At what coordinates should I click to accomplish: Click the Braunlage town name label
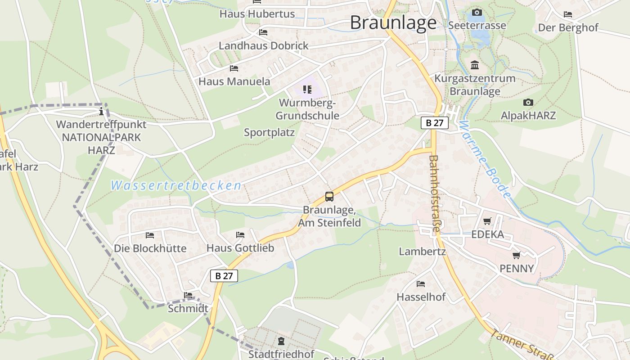click(393, 22)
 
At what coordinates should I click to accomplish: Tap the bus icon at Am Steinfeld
click(329, 197)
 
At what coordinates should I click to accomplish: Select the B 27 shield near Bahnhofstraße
click(435, 123)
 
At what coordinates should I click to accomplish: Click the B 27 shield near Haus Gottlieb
click(224, 276)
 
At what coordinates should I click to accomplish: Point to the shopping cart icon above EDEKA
click(487, 221)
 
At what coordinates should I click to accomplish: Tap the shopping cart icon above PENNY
click(516, 255)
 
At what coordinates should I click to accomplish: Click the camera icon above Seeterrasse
click(477, 12)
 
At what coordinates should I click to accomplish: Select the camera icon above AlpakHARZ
click(528, 103)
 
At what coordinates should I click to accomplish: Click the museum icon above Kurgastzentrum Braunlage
click(474, 65)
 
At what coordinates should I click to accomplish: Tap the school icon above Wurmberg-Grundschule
click(307, 90)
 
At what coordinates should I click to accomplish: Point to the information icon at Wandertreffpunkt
click(102, 111)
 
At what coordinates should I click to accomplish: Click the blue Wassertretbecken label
click(176, 185)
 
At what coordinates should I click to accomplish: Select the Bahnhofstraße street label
click(434, 193)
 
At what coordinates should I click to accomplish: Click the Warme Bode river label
click(486, 160)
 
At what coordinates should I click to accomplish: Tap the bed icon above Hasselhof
click(421, 284)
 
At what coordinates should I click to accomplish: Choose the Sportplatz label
click(269, 132)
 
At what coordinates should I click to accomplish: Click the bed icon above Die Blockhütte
click(150, 235)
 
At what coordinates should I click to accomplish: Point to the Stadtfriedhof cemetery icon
click(281, 341)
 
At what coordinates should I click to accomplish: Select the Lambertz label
click(422, 252)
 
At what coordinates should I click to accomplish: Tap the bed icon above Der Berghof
click(568, 14)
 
